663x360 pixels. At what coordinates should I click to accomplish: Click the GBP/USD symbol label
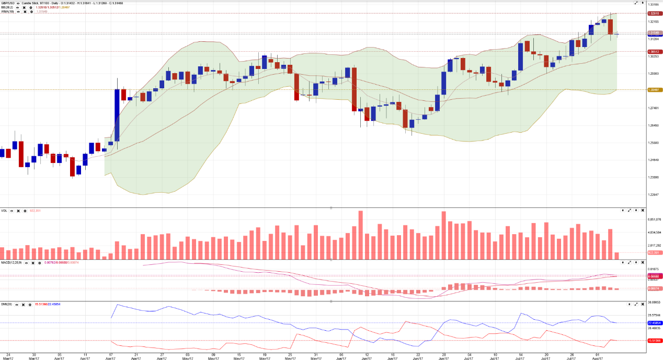(x=7, y=3)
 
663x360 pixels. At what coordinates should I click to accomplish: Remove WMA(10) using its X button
(x=25, y=11)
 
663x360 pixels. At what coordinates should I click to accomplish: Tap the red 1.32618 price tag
(x=653, y=13)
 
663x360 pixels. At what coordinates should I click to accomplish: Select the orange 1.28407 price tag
(x=653, y=90)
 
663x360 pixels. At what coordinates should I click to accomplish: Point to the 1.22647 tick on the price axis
(x=654, y=195)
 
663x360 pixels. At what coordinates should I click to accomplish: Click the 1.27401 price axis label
(x=654, y=108)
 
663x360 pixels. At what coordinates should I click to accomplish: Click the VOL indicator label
(x=4, y=211)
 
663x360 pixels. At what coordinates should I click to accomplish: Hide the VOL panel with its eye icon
(x=12, y=211)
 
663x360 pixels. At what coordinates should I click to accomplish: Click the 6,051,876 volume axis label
(x=655, y=219)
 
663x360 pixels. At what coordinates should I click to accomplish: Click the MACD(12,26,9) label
(x=11, y=263)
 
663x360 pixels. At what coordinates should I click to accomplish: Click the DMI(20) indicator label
(x=6, y=304)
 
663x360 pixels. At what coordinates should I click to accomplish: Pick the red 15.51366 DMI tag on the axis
(x=654, y=341)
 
